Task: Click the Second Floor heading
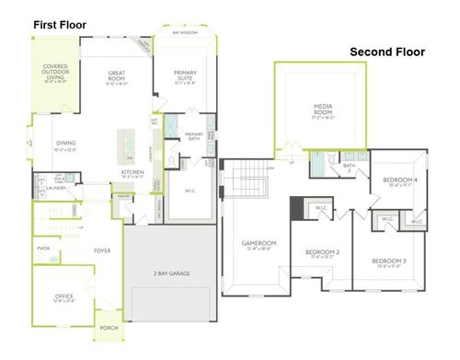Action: pyautogui.click(x=387, y=52)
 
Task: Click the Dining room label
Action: pyautogui.click(x=66, y=143)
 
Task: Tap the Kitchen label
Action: pyautogui.click(x=132, y=172)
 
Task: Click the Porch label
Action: pyautogui.click(x=110, y=329)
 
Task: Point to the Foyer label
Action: pyautogui.click(x=101, y=250)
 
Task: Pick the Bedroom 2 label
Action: pyautogui.click(x=324, y=252)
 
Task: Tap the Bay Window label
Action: pyautogui.click(x=186, y=32)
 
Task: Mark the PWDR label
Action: pyautogui.click(x=43, y=249)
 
